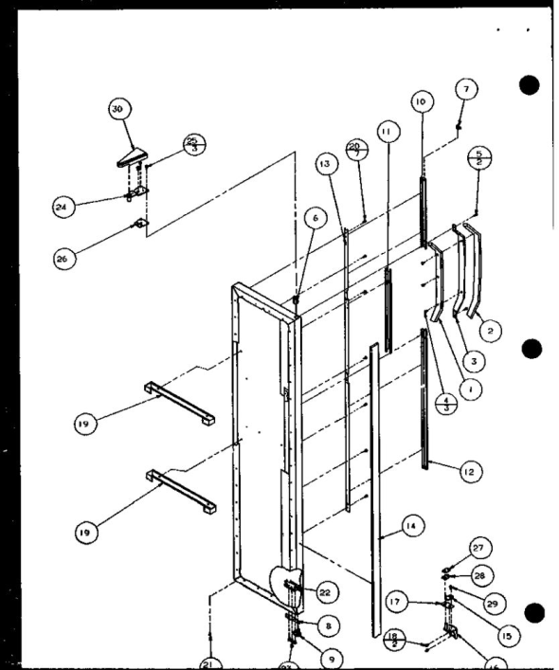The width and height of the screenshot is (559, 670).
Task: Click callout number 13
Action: click(325, 164)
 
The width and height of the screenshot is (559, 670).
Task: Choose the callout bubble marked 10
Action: click(422, 100)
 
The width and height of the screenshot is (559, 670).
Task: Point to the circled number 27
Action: click(479, 546)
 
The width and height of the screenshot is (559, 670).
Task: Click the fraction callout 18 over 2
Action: click(398, 638)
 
